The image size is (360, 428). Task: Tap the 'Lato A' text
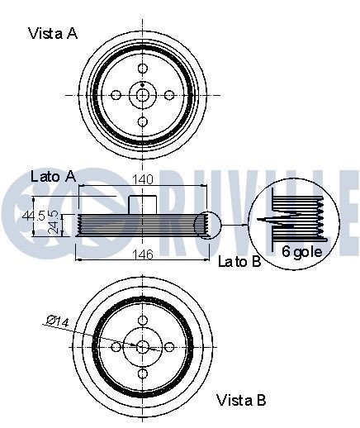[53, 176]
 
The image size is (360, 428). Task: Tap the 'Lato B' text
[239, 262]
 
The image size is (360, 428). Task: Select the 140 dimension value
[144, 179]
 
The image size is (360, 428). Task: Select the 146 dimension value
[144, 254]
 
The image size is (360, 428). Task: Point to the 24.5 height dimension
[54, 221]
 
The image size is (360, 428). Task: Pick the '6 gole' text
[300, 250]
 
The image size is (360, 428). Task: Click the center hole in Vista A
[143, 95]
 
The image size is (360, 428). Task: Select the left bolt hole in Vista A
[116, 95]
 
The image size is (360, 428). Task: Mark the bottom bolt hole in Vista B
[143, 373]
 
